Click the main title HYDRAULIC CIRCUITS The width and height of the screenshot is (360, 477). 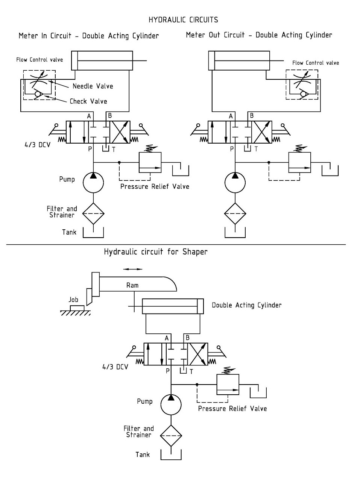[x=183, y=20]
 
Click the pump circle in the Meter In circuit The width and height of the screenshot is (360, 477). [x=93, y=182]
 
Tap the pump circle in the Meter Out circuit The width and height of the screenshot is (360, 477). [x=235, y=182]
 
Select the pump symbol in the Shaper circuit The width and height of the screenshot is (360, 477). [x=171, y=404]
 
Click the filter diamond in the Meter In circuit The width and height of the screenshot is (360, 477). [x=93, y=214]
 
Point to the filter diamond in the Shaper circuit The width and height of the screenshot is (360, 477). [x=171, y=436]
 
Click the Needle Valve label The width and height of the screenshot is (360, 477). [x=93, y=86]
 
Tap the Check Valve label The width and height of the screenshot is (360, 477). [x=88, y=101]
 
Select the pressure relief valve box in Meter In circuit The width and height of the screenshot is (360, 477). [x=150, y=162]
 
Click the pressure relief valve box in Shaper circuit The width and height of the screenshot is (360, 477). [x=228, y=385]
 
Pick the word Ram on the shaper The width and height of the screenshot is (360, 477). [x=132, y=285]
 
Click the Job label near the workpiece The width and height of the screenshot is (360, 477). [x=73, y=300]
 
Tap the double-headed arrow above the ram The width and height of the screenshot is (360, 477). [x=133, y=269]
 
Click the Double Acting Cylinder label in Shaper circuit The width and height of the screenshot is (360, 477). [x=246, y=305]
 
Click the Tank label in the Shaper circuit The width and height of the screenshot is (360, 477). [x=143, y=455]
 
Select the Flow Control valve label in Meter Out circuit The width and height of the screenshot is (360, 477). [x=316, y=63]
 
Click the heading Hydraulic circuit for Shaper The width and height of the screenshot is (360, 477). [x=155, y=252]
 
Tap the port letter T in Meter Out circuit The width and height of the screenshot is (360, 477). [x=256, y=149]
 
